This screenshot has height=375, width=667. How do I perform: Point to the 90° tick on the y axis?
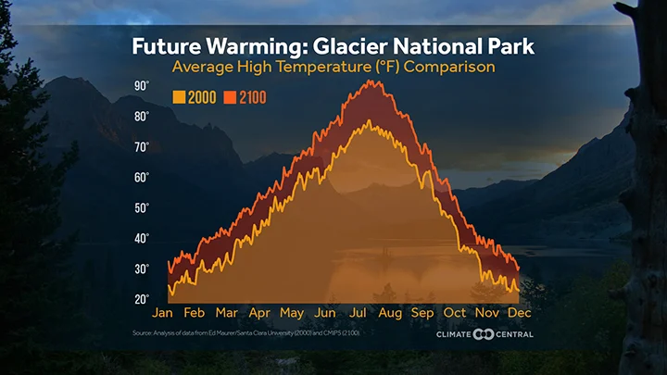pyautogui.click(x=142, y=85)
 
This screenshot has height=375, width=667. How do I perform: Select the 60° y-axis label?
pyautogui.click(x=142, y=177)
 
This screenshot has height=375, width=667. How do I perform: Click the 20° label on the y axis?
pyautogui.click(x=142, y=299)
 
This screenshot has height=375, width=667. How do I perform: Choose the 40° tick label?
pyautogui.click(x=142, y=238)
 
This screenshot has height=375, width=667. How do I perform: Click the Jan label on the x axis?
pyautogui.click(x=162, y=312)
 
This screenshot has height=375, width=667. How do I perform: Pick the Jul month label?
pyautogui.click(x=359, y=312)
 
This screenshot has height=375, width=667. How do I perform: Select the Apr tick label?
pyautogui.click(x=259, y=312)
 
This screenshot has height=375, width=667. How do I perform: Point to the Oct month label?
pyautogui.click(x=456, y=312)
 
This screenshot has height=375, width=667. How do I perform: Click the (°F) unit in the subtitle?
pyautogui.click(x=384, y=68)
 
